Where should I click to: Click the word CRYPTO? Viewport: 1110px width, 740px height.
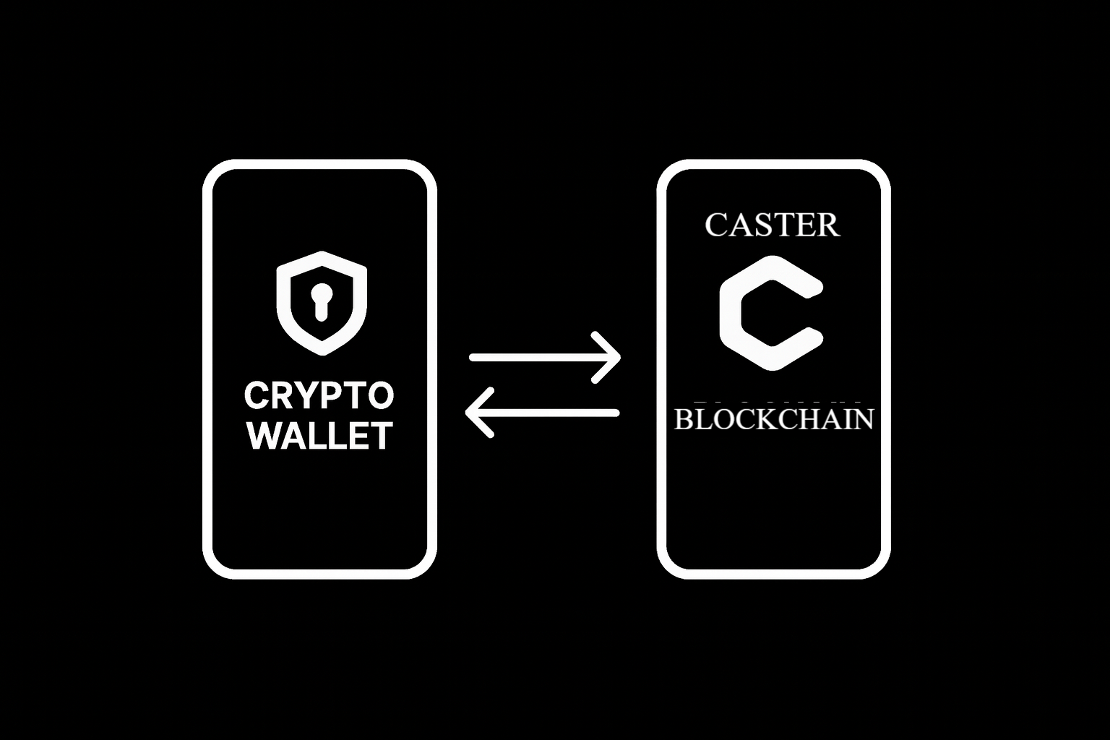tap(319, 395)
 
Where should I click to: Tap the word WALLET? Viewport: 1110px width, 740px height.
tap(320, 436)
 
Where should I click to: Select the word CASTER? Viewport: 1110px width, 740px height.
tap(772, 225)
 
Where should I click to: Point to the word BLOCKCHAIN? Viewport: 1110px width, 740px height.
tap(773, 419)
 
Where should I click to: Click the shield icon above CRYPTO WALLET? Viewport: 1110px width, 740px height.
tap(322, 302)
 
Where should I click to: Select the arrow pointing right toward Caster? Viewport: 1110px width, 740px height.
tap(545, 357)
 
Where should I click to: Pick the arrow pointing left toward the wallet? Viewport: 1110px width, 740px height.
tap(542, 413)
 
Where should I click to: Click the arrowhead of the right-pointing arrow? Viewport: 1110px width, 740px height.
tap(611, 357)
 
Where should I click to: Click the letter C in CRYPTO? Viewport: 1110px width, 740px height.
tap(257, 395)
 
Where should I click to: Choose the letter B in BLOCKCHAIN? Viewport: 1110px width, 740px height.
tap(684, 419)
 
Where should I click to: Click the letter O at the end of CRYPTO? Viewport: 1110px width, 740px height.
tap(380, 395)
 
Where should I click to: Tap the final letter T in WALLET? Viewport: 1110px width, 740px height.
tap(380, 436)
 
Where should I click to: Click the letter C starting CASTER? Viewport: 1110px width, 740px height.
tap(718, 225)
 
